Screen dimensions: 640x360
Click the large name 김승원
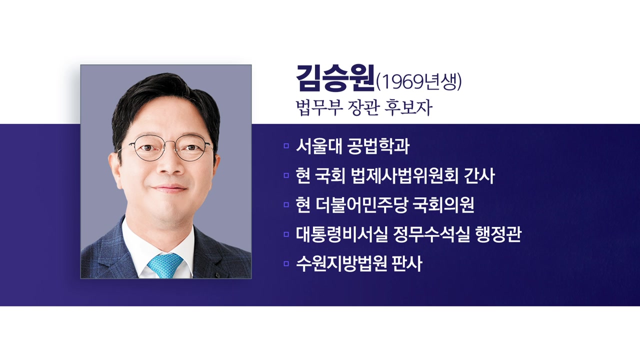[335, 78]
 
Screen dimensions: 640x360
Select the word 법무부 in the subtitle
[319, 108]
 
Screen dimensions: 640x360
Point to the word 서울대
[319, 146]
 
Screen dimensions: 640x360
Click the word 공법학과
[378, 146]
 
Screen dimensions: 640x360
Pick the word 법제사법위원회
[404, 175]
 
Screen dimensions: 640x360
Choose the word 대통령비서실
[341, 234]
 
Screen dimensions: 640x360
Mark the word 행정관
[498, 234]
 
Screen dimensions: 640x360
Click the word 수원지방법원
[341, 264]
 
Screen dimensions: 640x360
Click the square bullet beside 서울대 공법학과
[286, 146]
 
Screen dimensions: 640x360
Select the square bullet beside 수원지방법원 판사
[286, 263]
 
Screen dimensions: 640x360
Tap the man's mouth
[169, 188]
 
